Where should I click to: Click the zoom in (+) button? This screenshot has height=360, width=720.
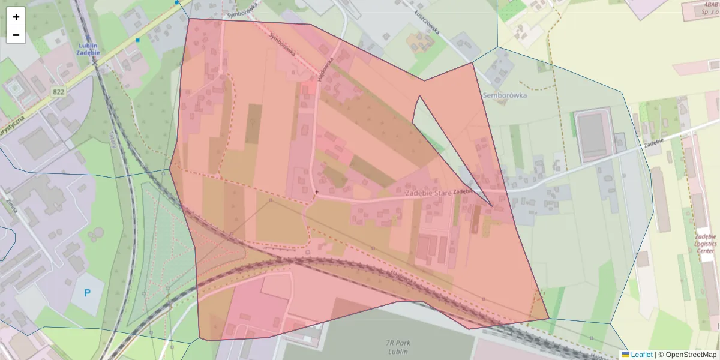tap(16, 17)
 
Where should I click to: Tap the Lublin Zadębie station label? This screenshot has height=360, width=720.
tap(88, 49)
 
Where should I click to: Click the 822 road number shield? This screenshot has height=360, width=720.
tap(58, 91)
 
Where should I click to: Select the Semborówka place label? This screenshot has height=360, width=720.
tap(504, 95)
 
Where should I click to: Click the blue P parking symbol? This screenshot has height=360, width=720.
tap(88, 293)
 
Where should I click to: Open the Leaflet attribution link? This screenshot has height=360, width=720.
tap(641, 355)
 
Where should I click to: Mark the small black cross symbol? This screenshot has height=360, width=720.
tap(317, 192)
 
